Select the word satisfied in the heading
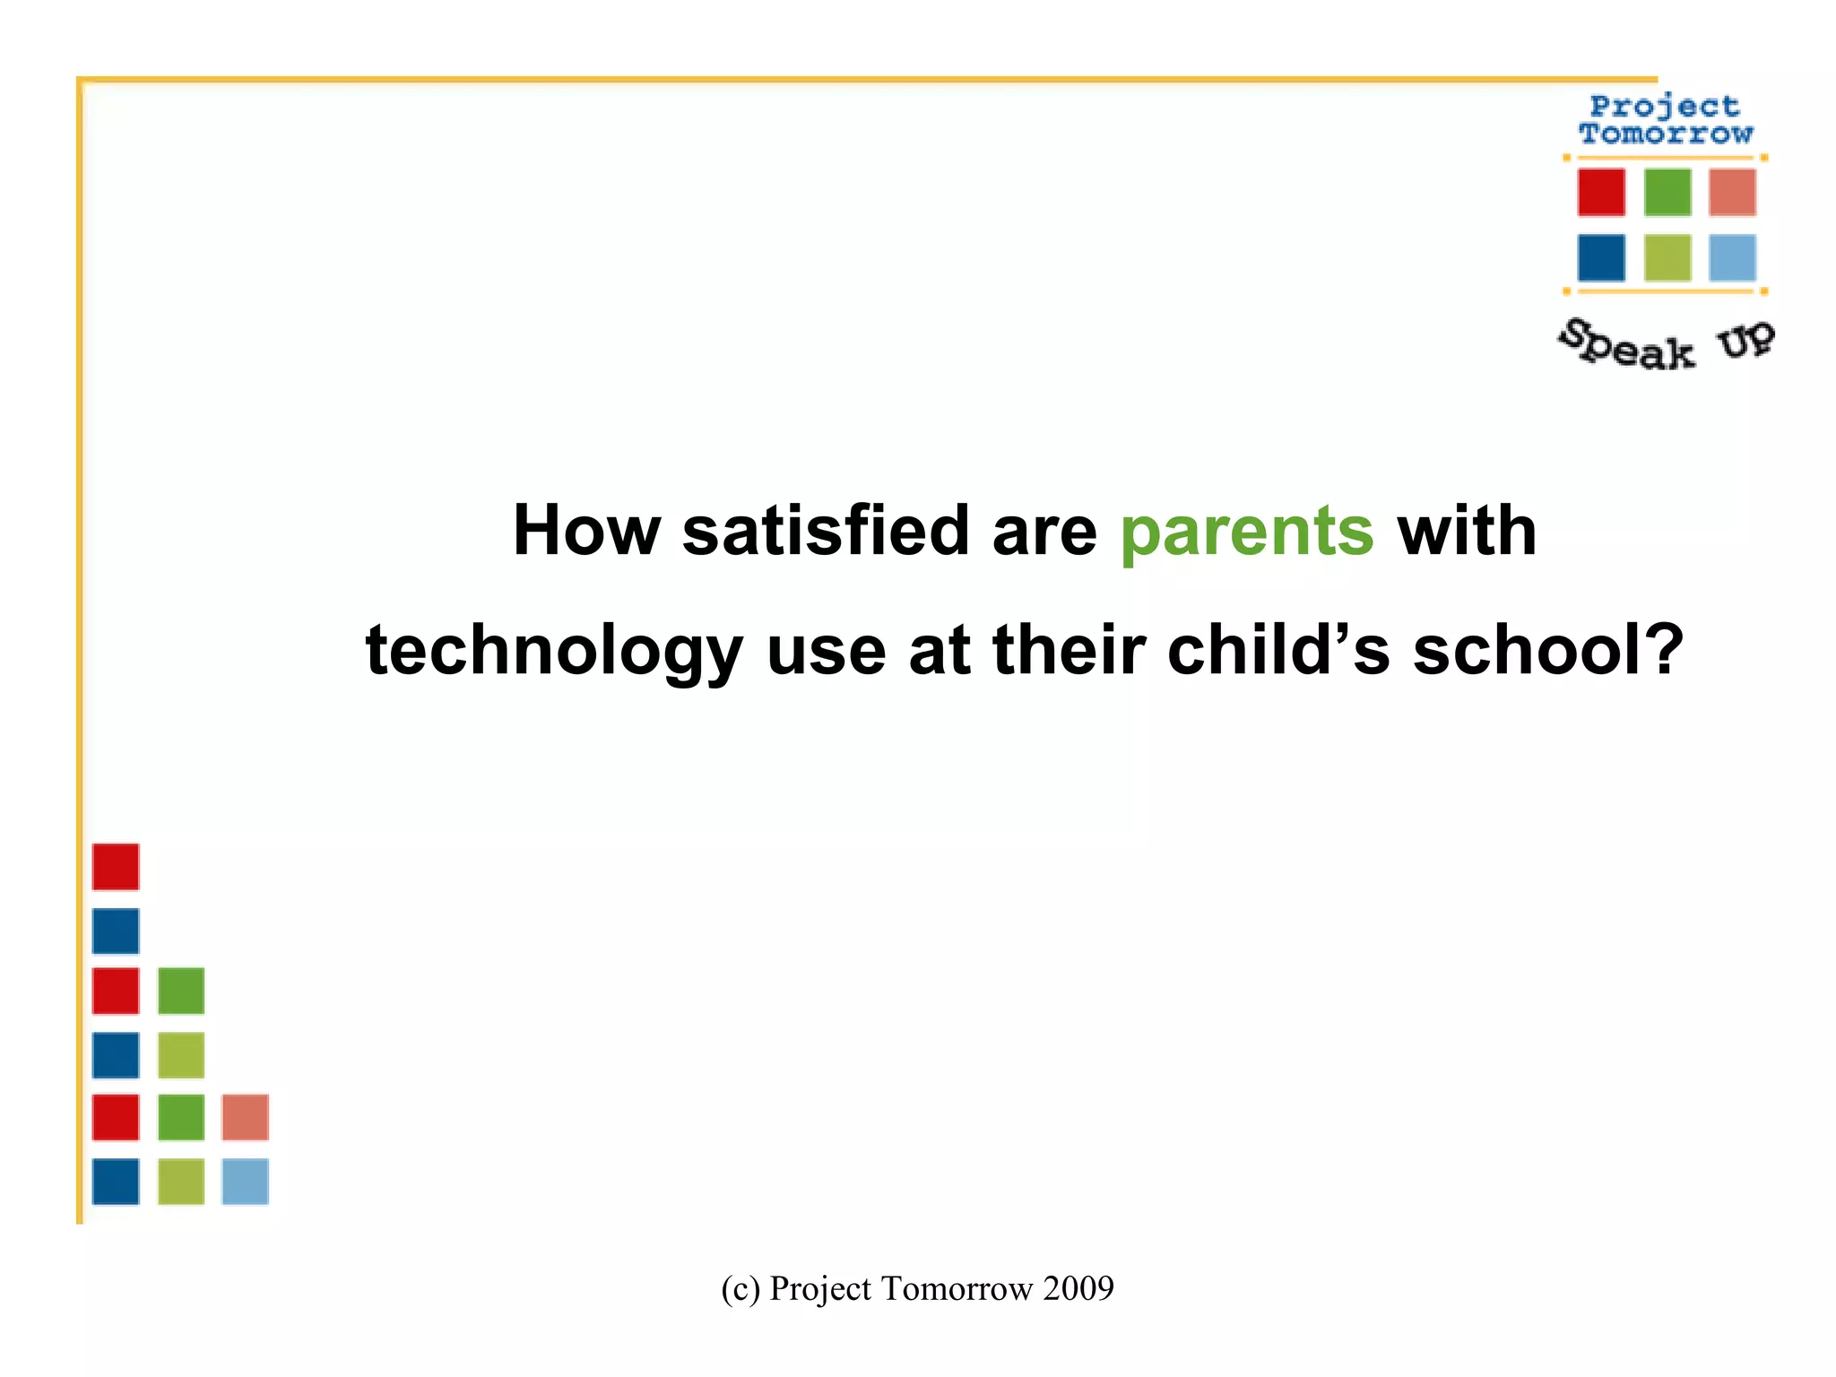point(826,531)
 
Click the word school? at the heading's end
point(1548,650)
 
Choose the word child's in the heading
point(1278,650)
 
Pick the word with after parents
point(1467,531)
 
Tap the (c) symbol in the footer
point(740,1288)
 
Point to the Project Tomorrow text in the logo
point(1665,119)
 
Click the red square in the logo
point(1601,192)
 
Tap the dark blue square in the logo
point(1601,258)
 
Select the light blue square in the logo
point(1731,258)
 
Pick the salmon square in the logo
point(1731,192)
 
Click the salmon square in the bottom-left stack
point(245,1117)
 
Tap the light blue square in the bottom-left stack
point(245,1182)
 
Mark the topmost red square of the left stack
point(116,867)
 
